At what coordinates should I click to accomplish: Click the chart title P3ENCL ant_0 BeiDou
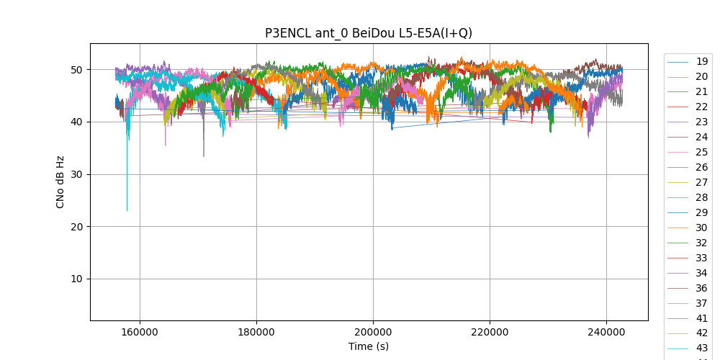pos(369,32)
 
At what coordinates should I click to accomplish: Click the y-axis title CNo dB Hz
pos(60,182)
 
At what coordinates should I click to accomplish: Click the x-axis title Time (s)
pos(369,346)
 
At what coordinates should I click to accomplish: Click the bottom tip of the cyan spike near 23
pos(127,211)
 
